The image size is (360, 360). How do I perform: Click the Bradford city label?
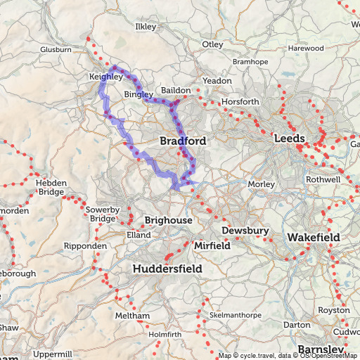[183, 141]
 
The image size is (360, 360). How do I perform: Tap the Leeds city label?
[292, 139]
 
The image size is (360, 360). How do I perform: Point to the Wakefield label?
[313, 238]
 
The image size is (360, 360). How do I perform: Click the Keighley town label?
[106, 76]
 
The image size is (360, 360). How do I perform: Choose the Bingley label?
[139, 94]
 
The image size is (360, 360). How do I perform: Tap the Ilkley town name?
[146, 27]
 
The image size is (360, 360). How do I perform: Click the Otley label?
[212, 44]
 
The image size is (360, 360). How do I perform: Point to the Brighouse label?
[169, 221]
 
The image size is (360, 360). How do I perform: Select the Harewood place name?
[307, 48]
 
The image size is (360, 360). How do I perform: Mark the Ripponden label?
[85, 247]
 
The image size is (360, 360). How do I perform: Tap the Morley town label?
[257, 184]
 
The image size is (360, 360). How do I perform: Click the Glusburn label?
[56, 50]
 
